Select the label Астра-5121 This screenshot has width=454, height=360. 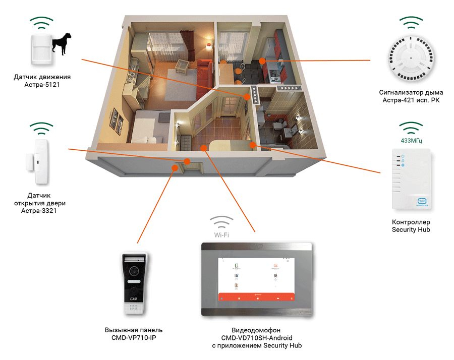(42, 85)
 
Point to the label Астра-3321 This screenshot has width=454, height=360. (42, 211)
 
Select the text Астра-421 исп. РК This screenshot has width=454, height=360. (411, 101)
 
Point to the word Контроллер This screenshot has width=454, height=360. (411, 222)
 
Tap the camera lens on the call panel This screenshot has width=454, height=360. (134, 271)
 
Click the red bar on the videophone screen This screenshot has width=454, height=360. (257, 297)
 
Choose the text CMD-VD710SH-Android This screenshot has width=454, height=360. (257, 337)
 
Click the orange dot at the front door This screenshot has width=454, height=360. (187, 161)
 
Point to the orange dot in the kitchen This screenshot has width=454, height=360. (262, 61)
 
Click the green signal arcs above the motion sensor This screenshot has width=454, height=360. (42, 22)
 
